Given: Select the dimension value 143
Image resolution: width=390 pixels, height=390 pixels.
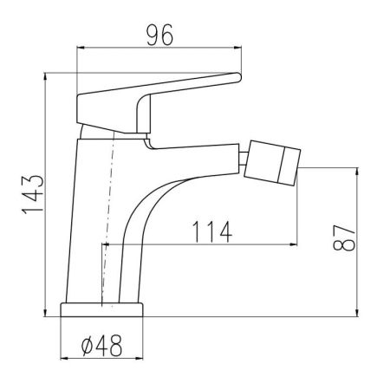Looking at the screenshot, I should point(26,196).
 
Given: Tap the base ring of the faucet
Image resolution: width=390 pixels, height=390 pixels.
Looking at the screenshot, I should point(102,310).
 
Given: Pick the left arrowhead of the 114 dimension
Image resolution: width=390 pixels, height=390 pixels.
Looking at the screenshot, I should point(108,245).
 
